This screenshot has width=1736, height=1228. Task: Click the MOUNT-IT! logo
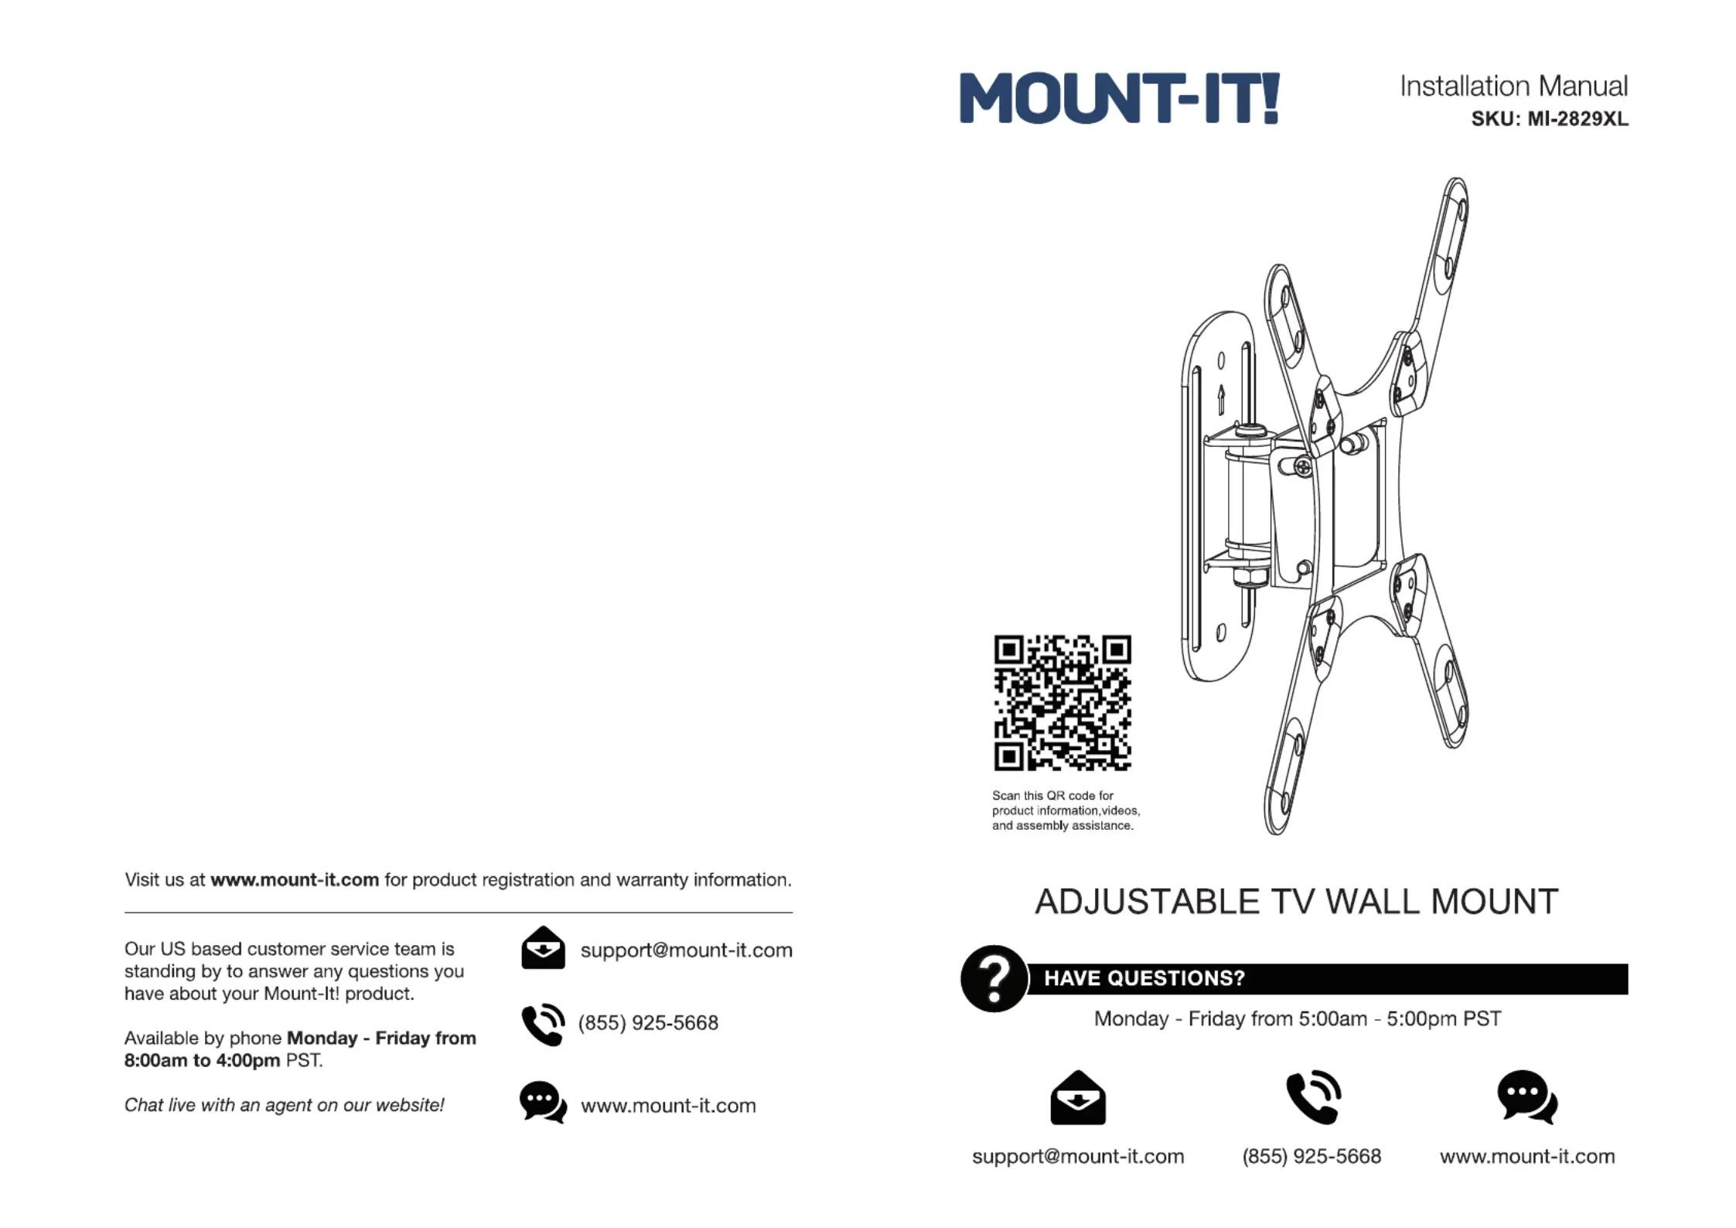point(1119,98)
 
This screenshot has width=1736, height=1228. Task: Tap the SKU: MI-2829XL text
point(1549,119)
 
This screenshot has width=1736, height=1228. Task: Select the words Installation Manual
point(1513,86)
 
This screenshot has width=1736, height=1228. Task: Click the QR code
point(1062,703)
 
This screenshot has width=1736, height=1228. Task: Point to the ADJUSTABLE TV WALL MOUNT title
point(1296,902)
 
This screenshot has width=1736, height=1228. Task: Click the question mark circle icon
point(994,978)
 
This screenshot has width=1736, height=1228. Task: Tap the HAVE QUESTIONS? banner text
point(1144,978)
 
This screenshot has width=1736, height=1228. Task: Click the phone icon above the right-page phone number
point(1313,1097)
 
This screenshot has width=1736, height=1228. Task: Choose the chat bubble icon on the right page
point(1526,1097)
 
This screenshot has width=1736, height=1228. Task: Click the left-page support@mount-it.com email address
point(686,950)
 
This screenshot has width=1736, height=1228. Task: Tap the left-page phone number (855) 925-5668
point(648,1023)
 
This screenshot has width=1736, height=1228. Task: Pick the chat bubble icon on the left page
point(542,1102)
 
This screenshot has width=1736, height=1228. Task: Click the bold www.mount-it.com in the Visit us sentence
point(295,880)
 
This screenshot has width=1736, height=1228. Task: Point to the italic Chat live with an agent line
point(284,1105)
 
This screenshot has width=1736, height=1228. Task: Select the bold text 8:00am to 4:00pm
point(202,1060)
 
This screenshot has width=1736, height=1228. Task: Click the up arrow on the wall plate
point(1221,399)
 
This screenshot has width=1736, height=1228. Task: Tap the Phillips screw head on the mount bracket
point(1303,467)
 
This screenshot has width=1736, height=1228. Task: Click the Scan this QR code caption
point(1065,810)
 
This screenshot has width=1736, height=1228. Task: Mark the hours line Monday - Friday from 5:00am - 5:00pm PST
point(1297,1018)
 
